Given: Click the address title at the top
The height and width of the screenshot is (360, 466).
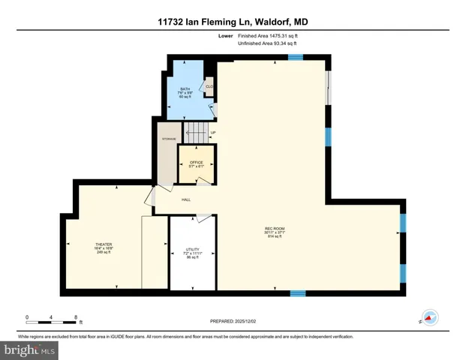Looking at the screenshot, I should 233,22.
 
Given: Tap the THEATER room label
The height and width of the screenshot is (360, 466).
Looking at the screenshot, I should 104,245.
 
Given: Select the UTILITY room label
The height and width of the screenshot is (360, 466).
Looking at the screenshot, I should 192,250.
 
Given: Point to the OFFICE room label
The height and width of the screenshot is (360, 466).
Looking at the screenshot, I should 196,163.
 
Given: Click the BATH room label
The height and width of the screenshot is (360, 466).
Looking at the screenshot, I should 185,89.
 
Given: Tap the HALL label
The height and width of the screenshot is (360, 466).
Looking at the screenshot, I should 186,199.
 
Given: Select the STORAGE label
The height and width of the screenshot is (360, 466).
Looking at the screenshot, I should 168,138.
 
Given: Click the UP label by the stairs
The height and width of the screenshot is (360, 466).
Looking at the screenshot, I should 213,134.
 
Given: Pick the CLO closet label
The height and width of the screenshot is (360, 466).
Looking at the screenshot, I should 209,87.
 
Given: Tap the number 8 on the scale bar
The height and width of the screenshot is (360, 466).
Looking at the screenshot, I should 77,316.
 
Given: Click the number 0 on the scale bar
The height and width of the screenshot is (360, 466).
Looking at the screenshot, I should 27,316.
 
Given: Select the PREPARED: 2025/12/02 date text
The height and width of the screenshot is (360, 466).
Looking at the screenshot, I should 233,322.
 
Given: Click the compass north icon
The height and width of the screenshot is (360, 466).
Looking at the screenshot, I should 430,317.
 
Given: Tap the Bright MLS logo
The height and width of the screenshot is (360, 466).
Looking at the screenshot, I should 29,349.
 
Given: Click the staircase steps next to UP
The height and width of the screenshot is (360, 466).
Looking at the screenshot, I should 197,134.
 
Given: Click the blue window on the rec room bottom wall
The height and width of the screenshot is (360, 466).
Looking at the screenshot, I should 297,292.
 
